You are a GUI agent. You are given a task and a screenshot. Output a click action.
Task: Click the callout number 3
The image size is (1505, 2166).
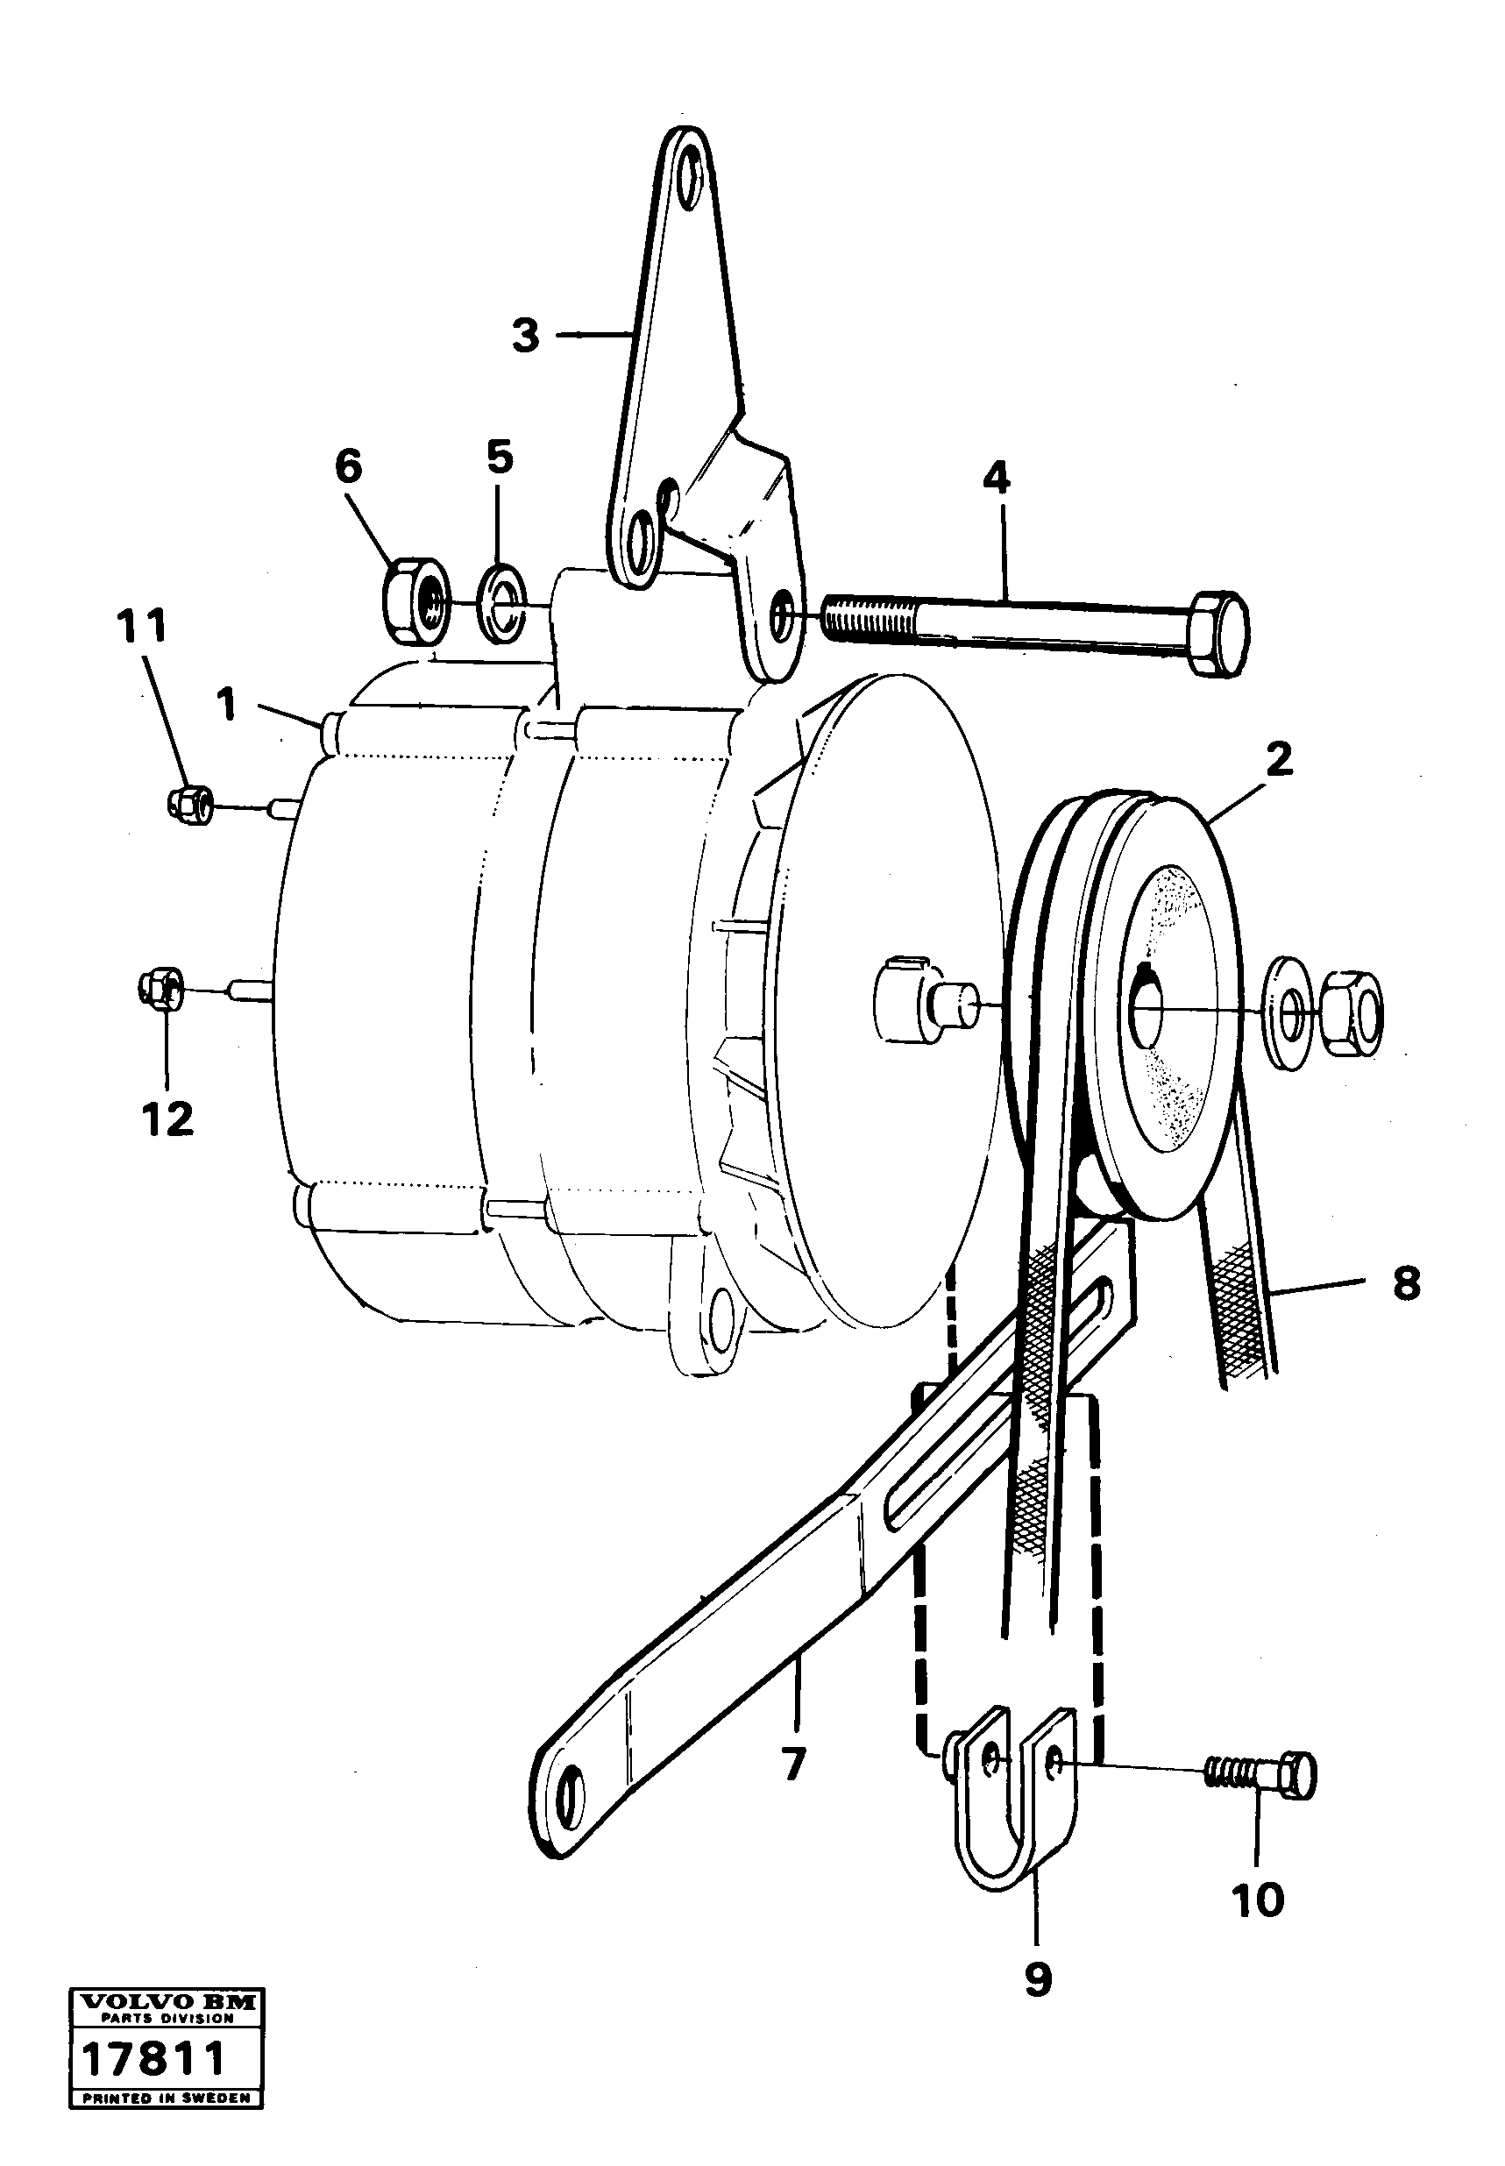pos(525,335)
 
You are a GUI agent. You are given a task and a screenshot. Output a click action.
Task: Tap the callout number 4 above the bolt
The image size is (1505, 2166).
pos(996,479)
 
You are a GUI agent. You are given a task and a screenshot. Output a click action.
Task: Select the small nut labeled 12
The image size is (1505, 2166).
pos(162,988)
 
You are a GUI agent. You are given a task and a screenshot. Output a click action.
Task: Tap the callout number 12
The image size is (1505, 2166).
pos(167,1119)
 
